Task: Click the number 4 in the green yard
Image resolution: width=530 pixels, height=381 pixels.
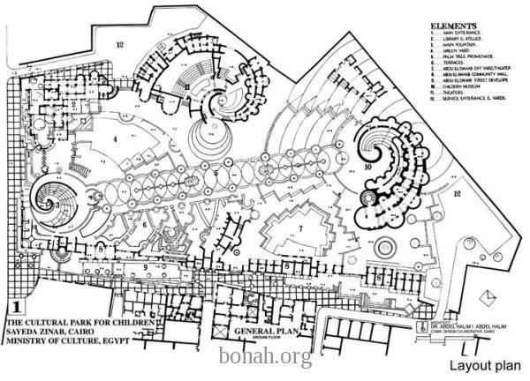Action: point(117,138)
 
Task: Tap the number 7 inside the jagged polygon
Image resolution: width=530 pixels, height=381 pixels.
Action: point(299,228)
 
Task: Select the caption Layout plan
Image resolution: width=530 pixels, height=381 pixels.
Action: point(481,364)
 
